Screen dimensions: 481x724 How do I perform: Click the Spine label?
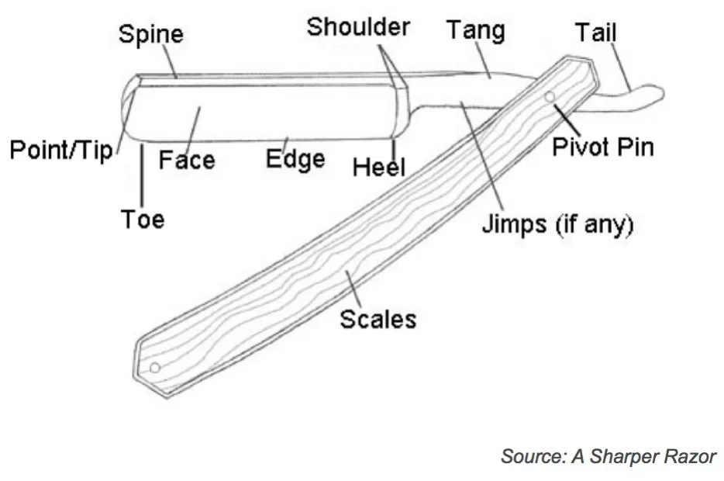pyautogui.click(x=150, y=35)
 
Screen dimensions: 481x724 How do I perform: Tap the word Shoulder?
pyautogui.click(x=357, y=26)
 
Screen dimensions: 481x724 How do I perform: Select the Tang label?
pyautogui.click(x=475, y=30)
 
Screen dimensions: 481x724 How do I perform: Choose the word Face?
pyautogui.click(x=187, y=161)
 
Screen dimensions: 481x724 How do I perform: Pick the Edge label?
pyautogui.click(x=295, y=159)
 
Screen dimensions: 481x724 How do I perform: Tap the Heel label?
pyautogui.click(x=379, y=166)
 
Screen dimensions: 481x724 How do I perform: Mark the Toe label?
pyautogui.click(x=143, y=220)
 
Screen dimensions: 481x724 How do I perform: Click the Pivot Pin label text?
pyautogui.click(x=603, y=147)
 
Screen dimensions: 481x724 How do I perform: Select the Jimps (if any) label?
pyautogui.click(x=558, y=225)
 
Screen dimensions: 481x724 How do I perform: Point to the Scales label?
pyautogui.click(x=378, y=319)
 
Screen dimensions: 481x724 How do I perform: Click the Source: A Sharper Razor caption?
pyautogui.click(x=609, y=456)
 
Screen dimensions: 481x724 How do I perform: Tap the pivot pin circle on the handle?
pyautogui.click(x=550, y=97)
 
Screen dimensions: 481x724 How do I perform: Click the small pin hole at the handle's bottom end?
pyautogui.click(x=154, y=367)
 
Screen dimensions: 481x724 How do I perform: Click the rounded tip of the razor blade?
pyautogui.click(x=126, y=109)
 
